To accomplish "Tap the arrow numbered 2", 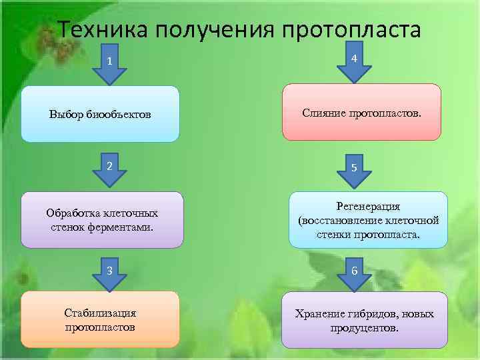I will [x=109, y=170].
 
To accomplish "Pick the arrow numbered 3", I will [x=109, y=272].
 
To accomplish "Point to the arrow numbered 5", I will [x=355, y=171].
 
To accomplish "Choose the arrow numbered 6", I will [x=355, y=273].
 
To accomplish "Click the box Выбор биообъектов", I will [x=100, y=114].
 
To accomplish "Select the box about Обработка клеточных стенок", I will [x=102, y=220].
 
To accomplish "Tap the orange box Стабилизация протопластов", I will [x=100, y=319].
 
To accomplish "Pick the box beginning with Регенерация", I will [x=368, y=220].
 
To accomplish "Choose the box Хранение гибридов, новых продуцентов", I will [x=364, y=320].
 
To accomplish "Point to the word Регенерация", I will [x=368, y=207].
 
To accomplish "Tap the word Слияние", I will [x=322, y=113].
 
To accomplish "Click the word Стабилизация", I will [x=100, y=313].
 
